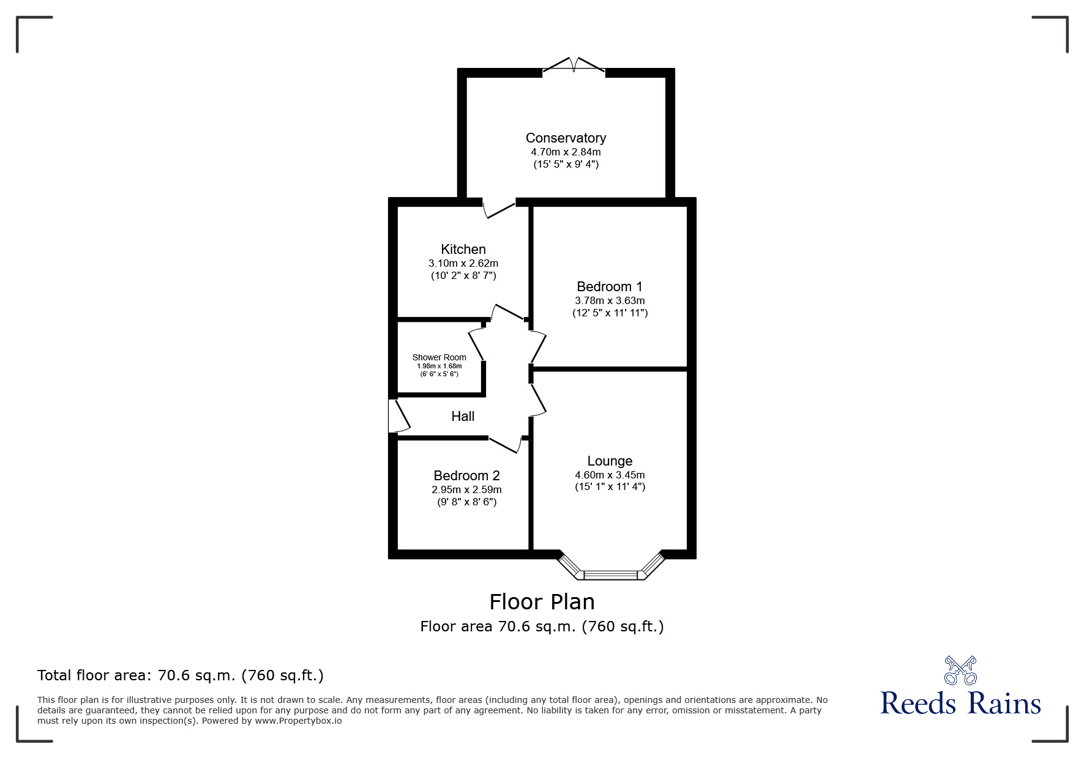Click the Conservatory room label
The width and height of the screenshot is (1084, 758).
(566, 138)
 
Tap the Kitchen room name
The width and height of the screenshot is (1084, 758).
(463, 250)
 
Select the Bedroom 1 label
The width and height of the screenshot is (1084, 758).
(610, 287)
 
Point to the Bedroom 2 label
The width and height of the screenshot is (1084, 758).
(466, 476)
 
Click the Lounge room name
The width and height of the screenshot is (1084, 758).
(610, 461)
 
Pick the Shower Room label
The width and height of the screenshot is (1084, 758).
(439, 358)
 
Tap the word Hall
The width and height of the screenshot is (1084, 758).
(463, 417)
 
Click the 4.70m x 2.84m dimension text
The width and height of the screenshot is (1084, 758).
(566, 152)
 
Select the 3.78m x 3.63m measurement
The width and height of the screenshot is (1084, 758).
(610, 301)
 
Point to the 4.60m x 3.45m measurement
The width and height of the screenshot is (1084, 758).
(610, 475)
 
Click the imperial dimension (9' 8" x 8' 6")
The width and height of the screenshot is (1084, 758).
(466, 502)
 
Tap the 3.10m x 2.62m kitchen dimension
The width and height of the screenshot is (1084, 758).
(463, 264)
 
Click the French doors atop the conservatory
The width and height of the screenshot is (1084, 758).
(574, 66)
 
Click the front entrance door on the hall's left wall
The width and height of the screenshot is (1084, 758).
(398, 417)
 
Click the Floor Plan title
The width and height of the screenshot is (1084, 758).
(542, 602)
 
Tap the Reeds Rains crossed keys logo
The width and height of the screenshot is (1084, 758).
(960, 670)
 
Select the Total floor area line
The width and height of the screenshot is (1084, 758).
(181, 675)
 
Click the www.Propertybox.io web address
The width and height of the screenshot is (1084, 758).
(298, 721)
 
